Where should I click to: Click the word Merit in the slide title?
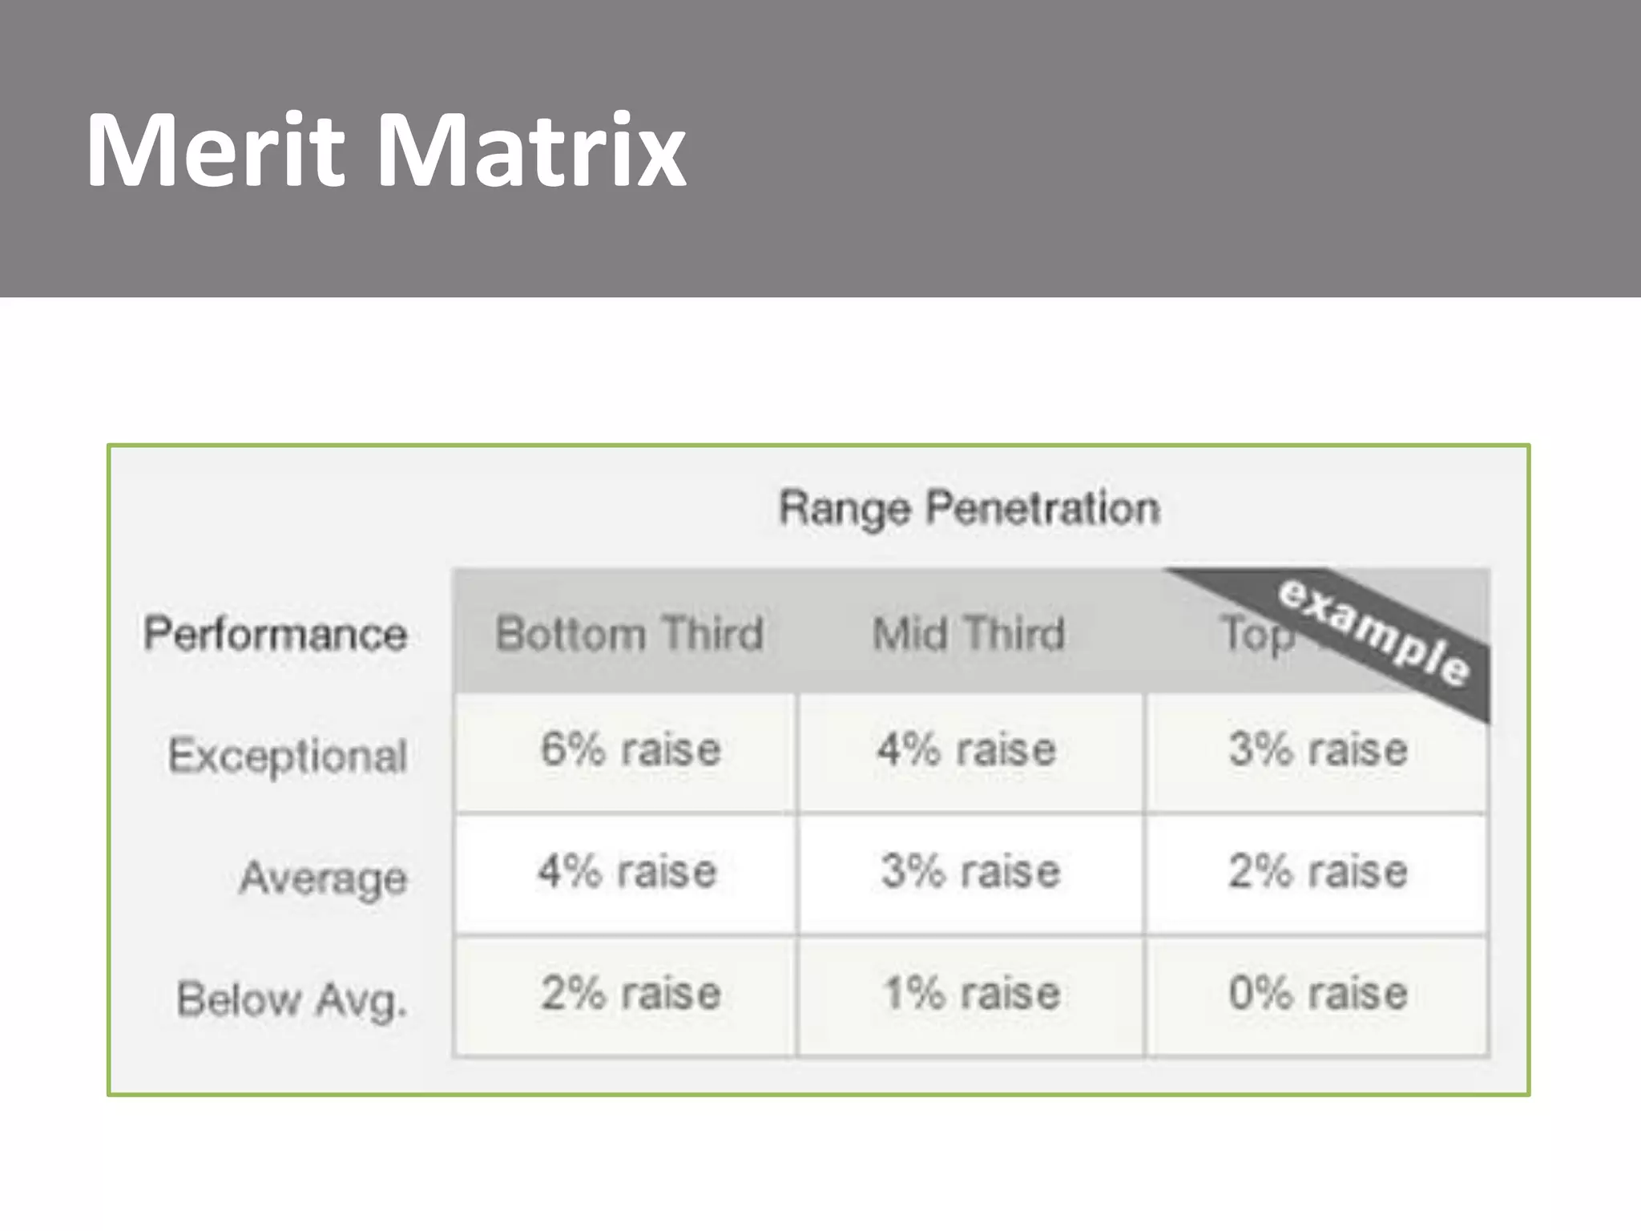coord(215,150)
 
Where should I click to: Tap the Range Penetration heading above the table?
coord(970,508)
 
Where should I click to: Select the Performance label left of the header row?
coord(276,634)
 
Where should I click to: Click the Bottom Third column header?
coord(629,634)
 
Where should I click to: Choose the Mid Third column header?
coord(969,634)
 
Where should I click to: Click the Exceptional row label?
coord(288,756)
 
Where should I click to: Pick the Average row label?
coord(324,878)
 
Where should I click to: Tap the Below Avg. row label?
coord(292,999)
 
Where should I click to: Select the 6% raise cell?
coord(630,751)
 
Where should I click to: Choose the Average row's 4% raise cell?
coord(627,873)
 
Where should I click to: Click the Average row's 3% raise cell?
coord(970,873)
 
